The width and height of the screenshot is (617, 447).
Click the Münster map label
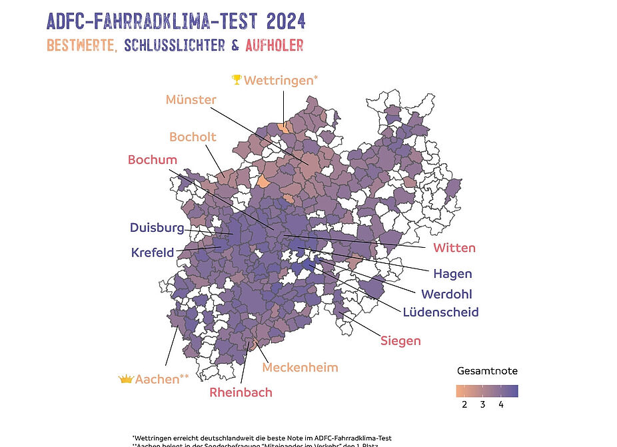click(x=191, y=100)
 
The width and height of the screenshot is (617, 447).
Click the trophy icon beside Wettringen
click(x=236, y=80)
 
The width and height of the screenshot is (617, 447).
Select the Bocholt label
click(x=193, y=137)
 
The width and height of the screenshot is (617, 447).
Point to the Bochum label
click(x=153, y=160)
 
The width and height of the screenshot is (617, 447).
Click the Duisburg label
click(x=157, y=228)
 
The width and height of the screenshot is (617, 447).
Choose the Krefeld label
click(x=153, y=252)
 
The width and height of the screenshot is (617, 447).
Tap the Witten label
click(x=454, y=248)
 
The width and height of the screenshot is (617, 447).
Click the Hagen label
click(x=452, y=273)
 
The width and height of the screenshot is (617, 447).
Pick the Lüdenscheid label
click(x=440, y=312)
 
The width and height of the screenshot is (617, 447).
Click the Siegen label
click(x=400, y=341)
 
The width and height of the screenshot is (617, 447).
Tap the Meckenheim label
click(x=300, y=367)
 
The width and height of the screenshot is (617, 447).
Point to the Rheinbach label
click(x=241, y=392)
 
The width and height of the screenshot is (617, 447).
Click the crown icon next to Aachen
click(x=126, y=379)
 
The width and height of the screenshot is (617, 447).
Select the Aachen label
click(x=162, y=379)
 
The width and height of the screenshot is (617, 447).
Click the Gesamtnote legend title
click(x=487, y=370)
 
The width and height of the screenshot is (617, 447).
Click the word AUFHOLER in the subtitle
click(x=275, y=45)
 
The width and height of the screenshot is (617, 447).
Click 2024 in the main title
click(x=286, y=21)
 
